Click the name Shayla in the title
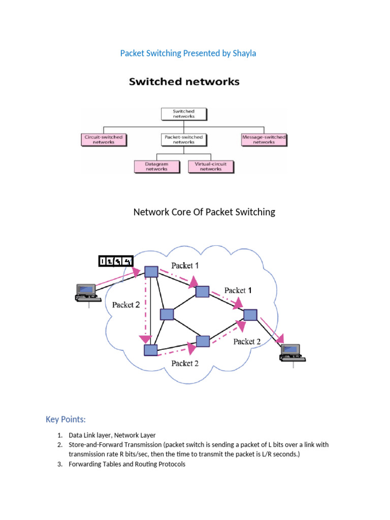[244, 53]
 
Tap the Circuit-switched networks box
[104, 139]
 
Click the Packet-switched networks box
[183, 139]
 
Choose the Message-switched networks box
[264, 139]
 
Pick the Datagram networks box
[157, 166]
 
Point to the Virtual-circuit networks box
[211, 166]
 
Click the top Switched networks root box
[183, 113]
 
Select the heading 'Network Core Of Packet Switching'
[204, 212]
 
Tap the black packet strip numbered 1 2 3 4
[115, 261]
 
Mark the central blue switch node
[167, 314]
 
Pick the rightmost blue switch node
[250, 315]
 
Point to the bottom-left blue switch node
[150, 350]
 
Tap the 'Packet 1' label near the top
[185, 265]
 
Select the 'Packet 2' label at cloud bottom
[185, 363]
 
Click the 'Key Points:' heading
[66, 419]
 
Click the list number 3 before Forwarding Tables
[59, 464]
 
